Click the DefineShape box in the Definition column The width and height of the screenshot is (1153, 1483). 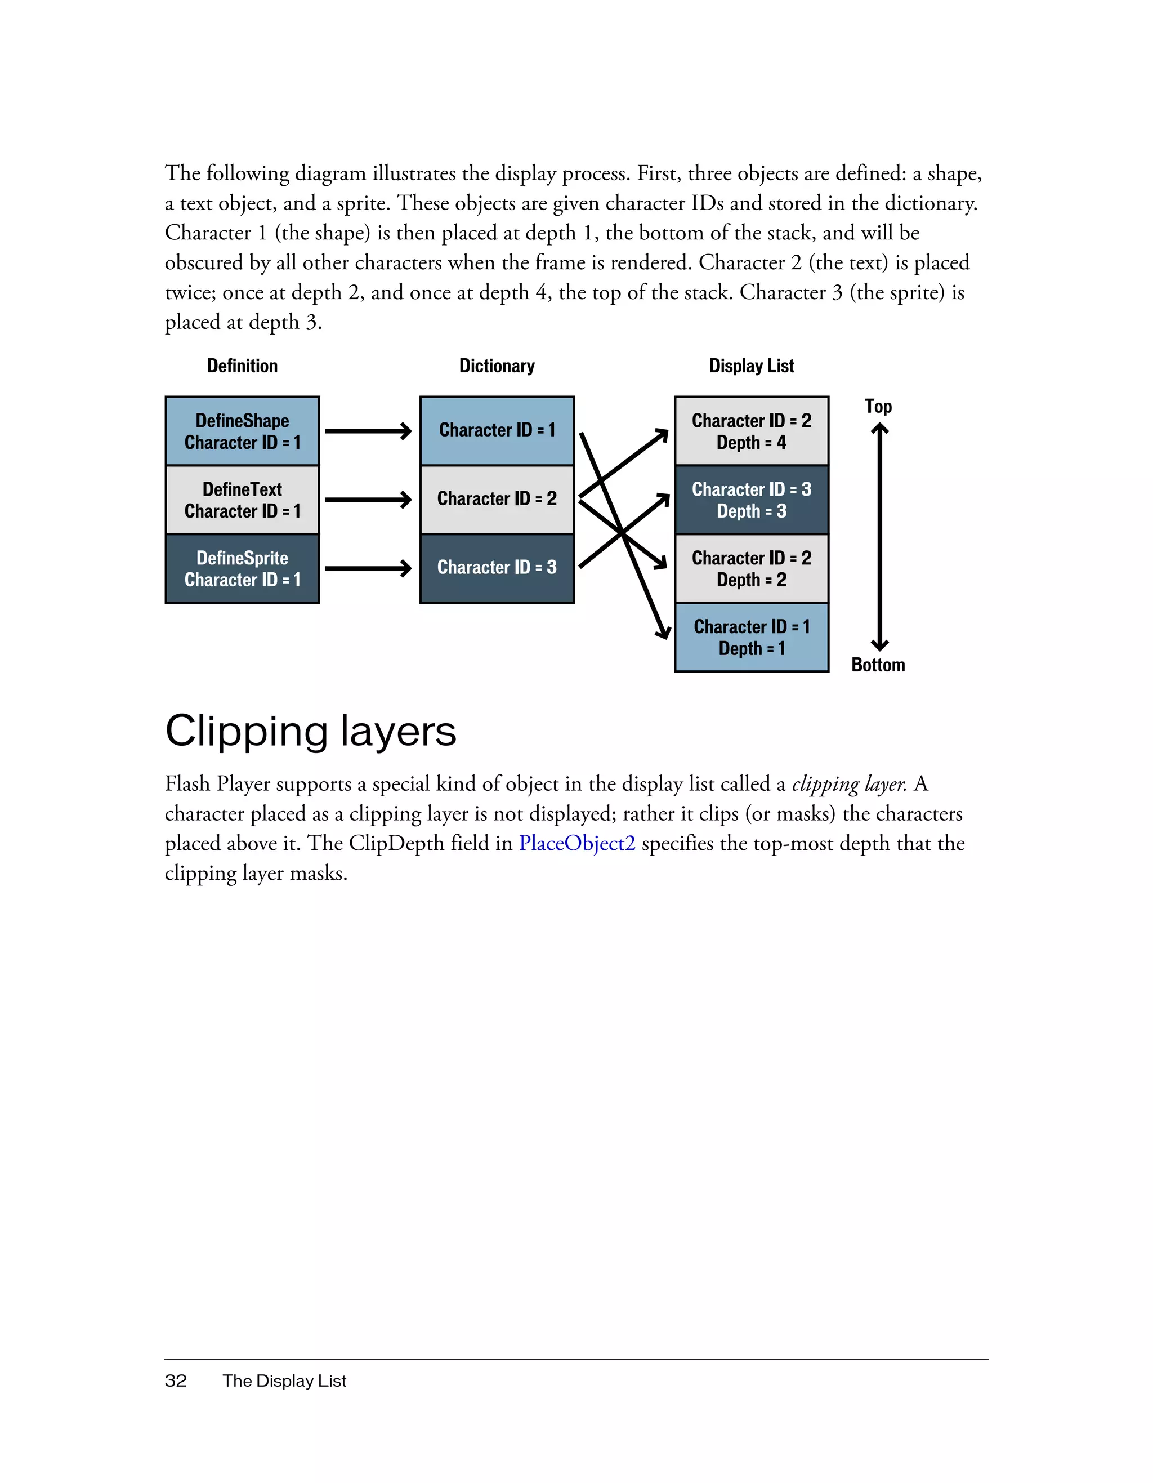(x=242, y=431)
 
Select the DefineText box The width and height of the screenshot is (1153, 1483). (x=242, y=500)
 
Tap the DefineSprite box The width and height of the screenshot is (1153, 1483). (x=242, y=568)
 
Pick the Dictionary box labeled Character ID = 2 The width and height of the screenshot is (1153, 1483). (x=497, y=499)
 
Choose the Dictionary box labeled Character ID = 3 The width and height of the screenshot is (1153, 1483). (x=497, y=568)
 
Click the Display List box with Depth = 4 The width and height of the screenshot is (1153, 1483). (x=751, y=431)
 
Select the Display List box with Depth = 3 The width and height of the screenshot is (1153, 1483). (x=751, y=500)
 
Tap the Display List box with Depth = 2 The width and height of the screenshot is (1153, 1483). (x=751, y=568)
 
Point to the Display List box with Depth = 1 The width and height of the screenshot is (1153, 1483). (x=751, y=637)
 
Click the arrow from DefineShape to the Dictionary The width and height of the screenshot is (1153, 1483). (x=368, y=431)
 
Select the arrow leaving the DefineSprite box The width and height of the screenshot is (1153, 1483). (x=368, y=568)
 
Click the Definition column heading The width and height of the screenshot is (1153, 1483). (x=242, y=366)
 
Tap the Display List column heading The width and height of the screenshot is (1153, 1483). (x=751, y=366)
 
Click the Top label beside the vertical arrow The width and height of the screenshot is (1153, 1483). (x=878, y=406)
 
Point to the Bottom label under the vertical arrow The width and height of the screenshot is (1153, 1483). (x=878, y=665)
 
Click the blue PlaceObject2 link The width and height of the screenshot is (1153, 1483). (x=577, y=843)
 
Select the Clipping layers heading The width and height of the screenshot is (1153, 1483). (x=311, y=731)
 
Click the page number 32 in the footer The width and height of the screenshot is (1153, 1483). (x=176, y=1380)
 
